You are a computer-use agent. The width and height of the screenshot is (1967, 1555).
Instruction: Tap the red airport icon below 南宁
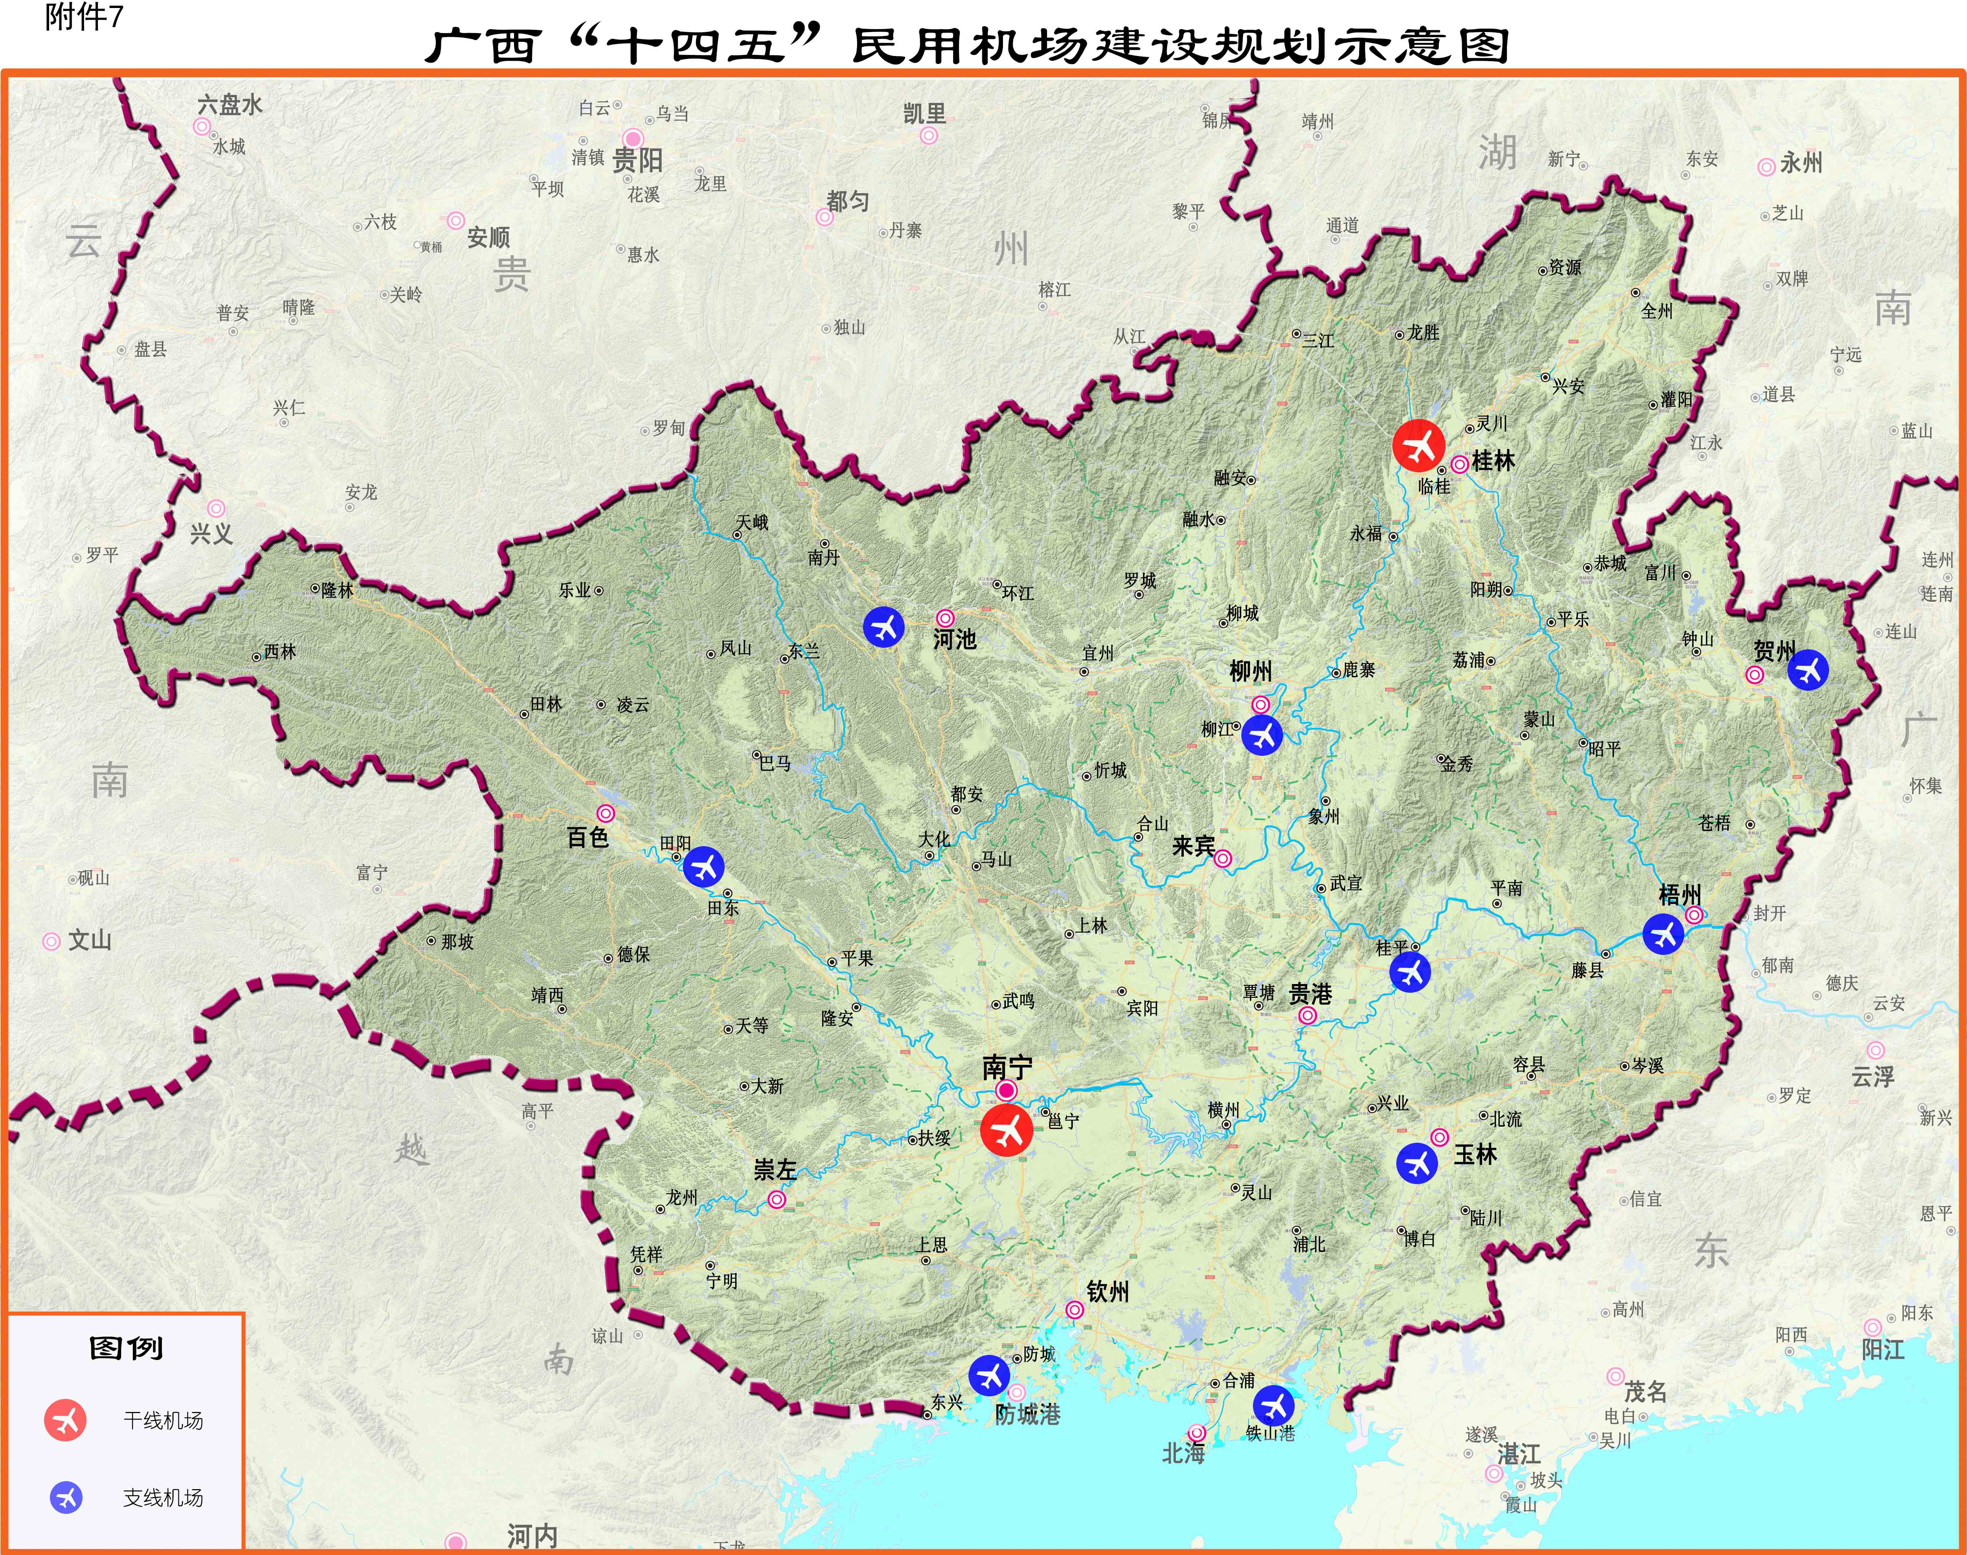pyautogui.click(x=1006, y=1131)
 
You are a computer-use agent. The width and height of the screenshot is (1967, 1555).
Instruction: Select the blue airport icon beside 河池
pyautogui.click(x=883, y=626)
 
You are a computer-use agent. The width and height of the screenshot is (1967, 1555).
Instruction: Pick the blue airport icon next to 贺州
pyautogui.click(x=1808, y=670)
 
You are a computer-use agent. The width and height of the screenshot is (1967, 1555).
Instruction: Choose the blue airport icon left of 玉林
pyautogui.click(x=1417, y=1163)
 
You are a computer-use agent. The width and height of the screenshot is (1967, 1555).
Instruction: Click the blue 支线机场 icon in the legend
pyautogui.click(x=65, y=1497)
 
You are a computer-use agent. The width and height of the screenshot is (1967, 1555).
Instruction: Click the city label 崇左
pyautogui.click(x=775, y=1170)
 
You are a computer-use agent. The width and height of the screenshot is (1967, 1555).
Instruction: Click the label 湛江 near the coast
pyautogui.click(x=1519, y=1454)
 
